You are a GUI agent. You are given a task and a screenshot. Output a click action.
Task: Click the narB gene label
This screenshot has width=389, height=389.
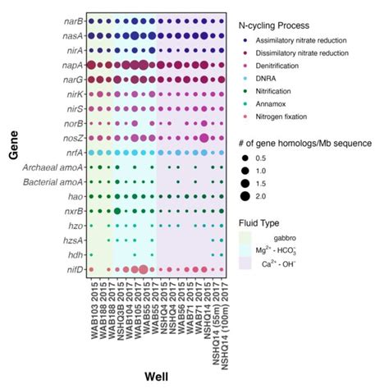[x=71, y=21]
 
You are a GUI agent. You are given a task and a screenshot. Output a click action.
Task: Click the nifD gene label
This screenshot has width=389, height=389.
[x=71, y=268]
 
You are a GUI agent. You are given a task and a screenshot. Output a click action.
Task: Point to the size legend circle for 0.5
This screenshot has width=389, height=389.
[x=246, y=158]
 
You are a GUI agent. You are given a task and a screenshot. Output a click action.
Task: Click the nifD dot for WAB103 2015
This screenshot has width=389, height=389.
[x=91, y=268]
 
